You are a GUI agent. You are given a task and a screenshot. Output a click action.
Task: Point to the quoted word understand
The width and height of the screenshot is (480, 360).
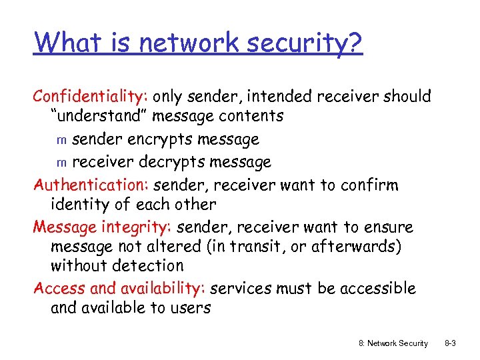[99, 116]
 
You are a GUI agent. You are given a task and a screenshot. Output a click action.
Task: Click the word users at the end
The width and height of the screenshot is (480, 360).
[189, 308]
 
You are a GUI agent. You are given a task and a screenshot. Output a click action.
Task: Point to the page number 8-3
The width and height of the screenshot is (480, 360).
[449, 343]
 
